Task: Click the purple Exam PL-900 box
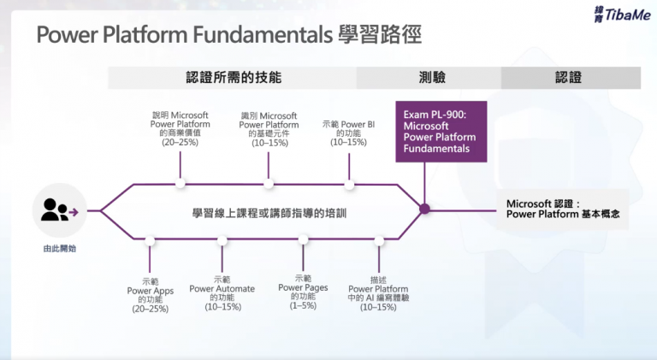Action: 441,131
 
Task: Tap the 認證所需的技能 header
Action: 233,77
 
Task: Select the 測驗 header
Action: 428,77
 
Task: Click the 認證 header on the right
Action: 569,77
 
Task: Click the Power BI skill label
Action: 349,133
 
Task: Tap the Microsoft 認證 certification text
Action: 567,210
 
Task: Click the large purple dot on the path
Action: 423,208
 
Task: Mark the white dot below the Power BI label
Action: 349,182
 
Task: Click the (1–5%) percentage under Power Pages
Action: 303,305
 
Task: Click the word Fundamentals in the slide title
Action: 265,35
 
